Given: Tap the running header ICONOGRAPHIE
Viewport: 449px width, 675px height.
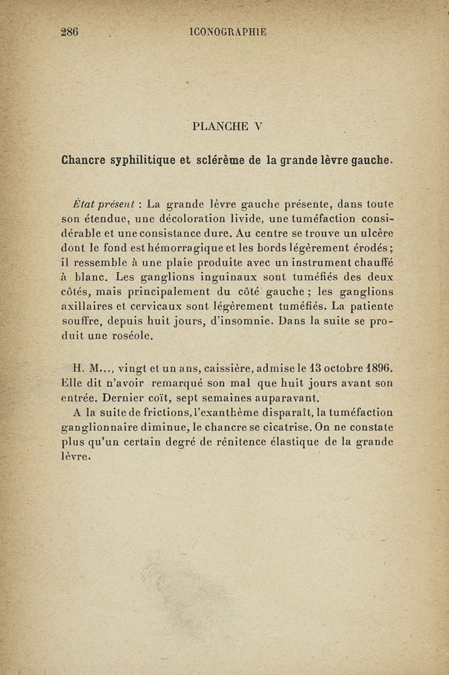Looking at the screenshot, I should click(x=228, y=32).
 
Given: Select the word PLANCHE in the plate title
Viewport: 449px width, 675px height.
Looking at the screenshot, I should click(x=217, y=126).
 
